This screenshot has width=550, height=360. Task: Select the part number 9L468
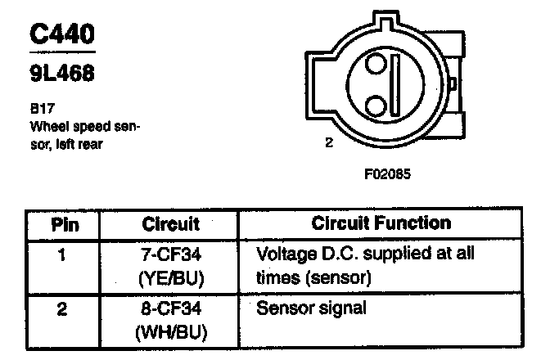61,74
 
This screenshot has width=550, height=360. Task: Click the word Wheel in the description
47,128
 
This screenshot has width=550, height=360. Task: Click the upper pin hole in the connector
374,65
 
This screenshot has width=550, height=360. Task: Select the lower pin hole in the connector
374,106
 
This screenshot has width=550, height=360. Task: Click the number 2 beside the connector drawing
329,143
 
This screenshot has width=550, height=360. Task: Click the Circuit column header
171,223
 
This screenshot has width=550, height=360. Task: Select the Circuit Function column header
381,223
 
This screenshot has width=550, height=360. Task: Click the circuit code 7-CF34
171,254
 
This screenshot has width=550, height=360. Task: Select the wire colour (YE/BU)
171,278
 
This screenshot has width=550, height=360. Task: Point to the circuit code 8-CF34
171,309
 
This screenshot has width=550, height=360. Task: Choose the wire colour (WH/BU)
171,333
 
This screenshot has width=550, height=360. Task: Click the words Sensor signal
311,309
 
